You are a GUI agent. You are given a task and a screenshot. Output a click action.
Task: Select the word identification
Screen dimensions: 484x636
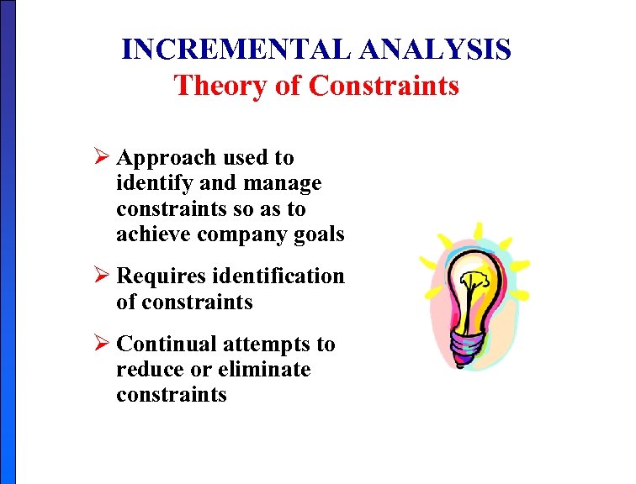point(279,276)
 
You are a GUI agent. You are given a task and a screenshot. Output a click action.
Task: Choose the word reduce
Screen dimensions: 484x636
point(145,370)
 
